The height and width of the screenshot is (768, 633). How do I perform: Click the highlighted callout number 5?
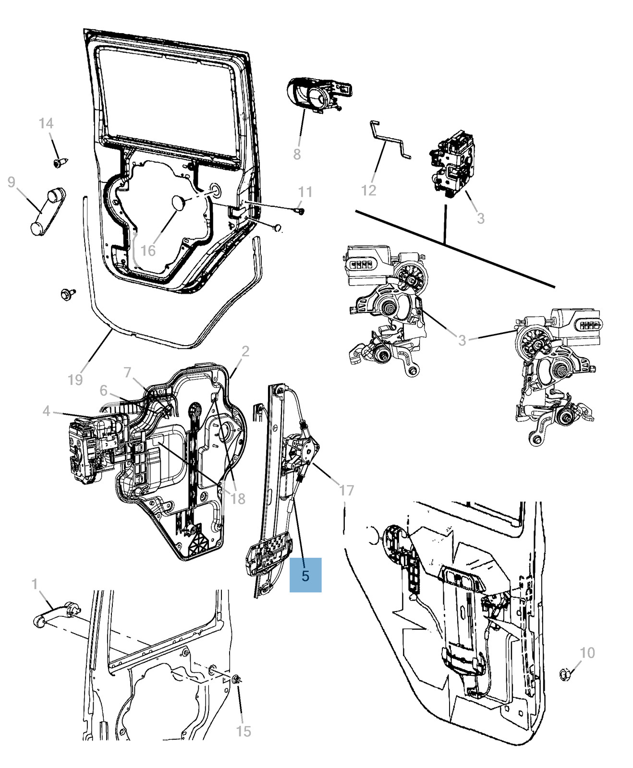305,575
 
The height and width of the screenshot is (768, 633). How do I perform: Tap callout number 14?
46,123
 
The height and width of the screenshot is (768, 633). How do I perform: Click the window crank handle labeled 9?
47,211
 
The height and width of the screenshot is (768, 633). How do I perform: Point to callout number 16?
148,250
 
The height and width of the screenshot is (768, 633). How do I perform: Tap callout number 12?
368,191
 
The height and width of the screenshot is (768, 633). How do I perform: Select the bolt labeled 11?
301,210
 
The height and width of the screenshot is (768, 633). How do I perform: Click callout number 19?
75,380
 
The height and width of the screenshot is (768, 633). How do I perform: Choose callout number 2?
245,351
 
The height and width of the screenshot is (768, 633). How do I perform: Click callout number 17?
346,490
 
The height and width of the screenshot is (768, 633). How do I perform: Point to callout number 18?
238,499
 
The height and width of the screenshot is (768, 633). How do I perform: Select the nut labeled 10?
565,674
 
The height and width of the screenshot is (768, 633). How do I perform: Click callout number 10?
587,652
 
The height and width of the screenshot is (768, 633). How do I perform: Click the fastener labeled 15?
236,679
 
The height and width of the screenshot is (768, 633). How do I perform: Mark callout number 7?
127,372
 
